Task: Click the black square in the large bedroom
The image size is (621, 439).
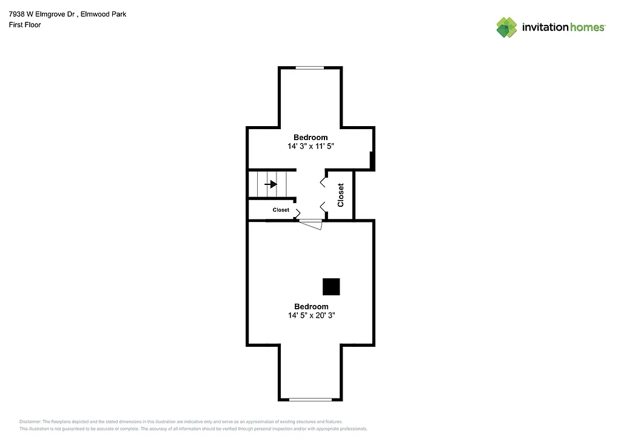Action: click(331, 287)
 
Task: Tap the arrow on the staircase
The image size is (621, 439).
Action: click(270, 184)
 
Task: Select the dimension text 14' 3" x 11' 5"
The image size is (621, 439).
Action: click(311, 146)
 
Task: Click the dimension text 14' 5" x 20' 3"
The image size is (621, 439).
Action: click(311, 315)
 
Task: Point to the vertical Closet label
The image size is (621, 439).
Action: click(341, 195)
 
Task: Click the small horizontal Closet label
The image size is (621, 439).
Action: click(281, 210)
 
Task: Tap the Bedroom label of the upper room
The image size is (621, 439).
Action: click(310, 138)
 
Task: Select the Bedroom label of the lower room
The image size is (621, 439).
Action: click(311, 306)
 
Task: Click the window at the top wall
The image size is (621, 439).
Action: click(309, 68)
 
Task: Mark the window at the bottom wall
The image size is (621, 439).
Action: click(310, 399)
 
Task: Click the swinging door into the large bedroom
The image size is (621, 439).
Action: click(312, 224)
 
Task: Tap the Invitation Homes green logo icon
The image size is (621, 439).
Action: click(506, 27)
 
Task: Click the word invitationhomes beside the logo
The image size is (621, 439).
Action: click(563, 27)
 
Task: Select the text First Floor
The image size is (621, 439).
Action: click(25, 25)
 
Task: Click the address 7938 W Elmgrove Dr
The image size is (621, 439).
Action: click(41, 14)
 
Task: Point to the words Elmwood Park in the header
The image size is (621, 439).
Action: click(107, 14)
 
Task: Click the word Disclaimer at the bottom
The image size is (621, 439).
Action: click(30, 421)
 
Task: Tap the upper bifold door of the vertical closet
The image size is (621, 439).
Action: click(323, 179)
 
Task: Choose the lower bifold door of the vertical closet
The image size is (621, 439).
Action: click(323, 206)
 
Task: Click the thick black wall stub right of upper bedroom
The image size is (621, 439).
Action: click(372, 160)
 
